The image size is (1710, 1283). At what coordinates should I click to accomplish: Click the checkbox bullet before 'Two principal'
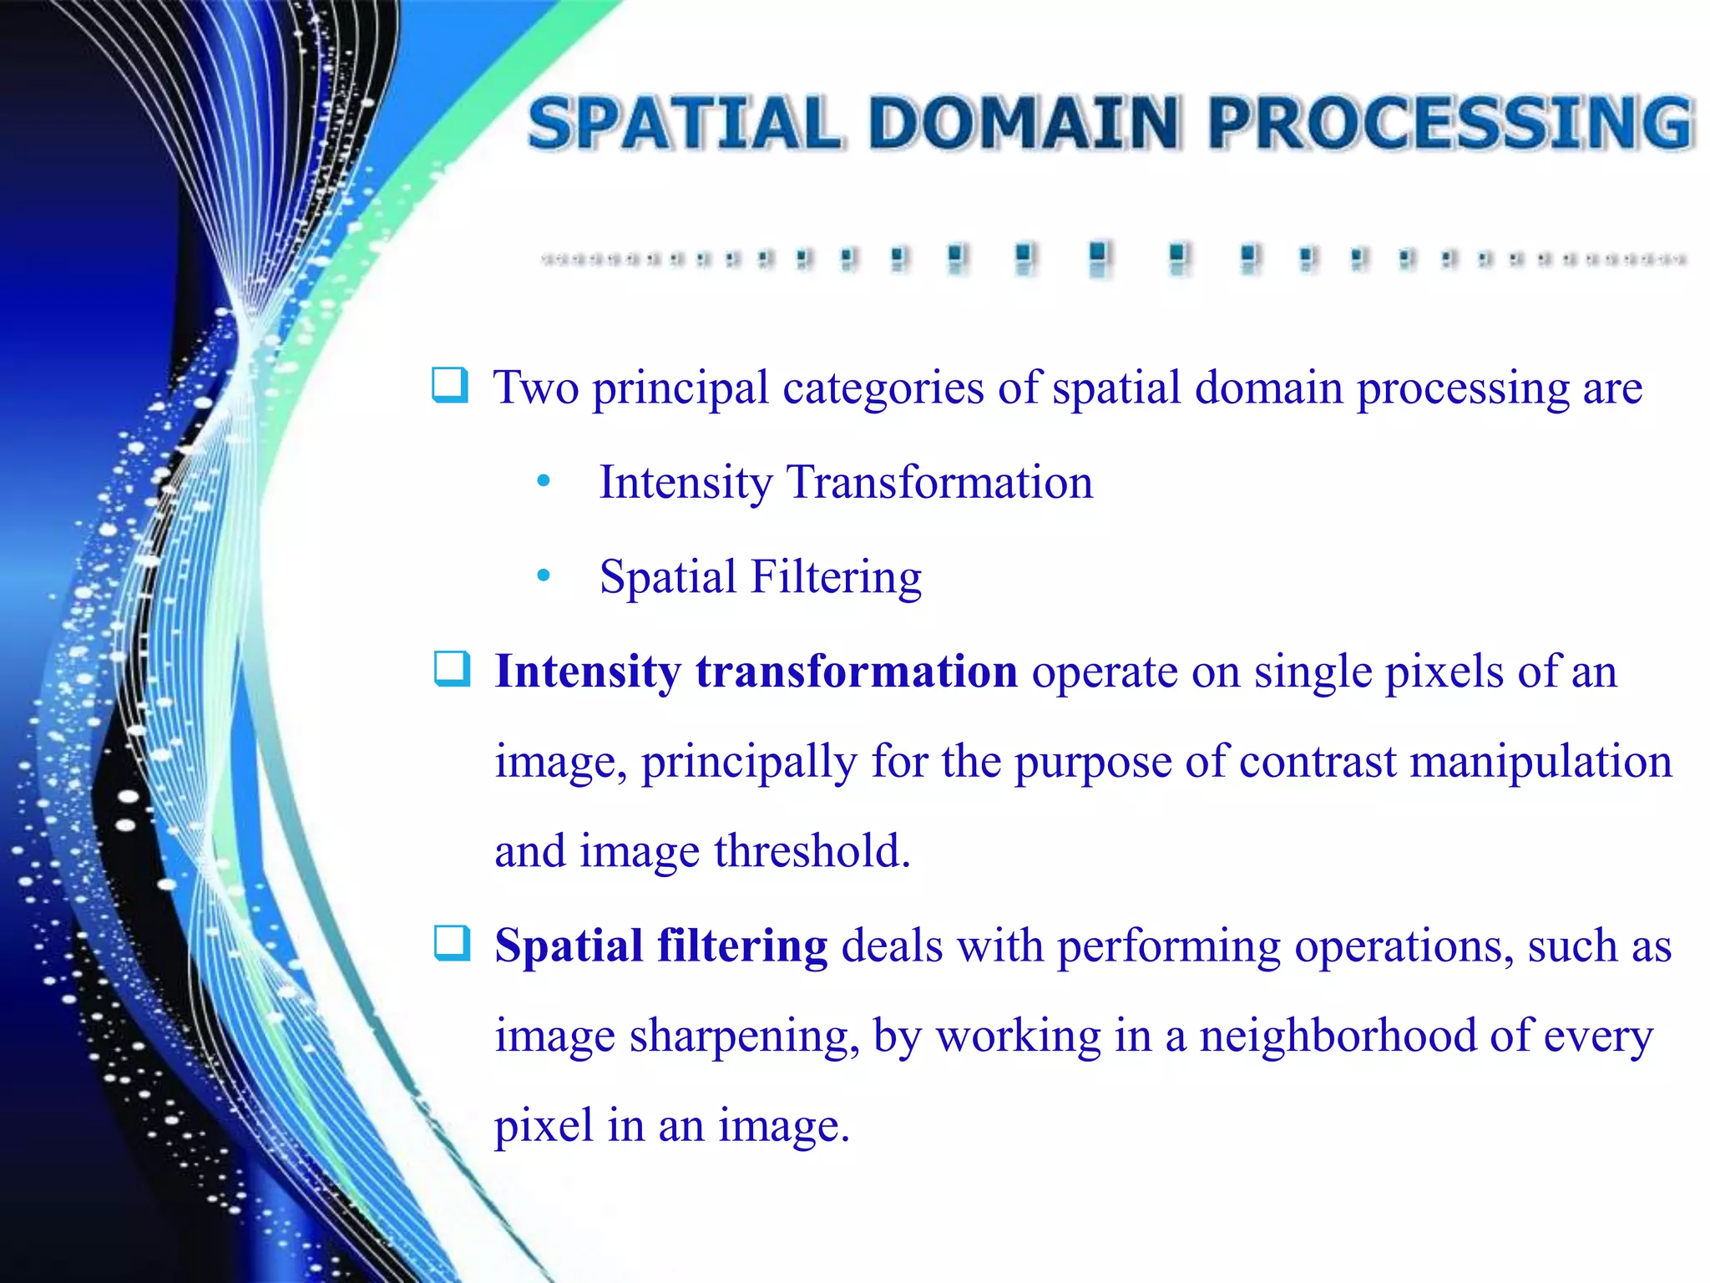coord(450,385)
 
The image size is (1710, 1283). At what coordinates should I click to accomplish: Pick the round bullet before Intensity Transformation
coord(544,481)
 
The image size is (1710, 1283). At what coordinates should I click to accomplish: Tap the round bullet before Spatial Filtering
coord(544,576)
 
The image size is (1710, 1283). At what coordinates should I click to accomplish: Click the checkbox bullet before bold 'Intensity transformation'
coord(452,669)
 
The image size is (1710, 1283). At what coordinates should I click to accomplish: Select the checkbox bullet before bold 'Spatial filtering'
coord(452,944)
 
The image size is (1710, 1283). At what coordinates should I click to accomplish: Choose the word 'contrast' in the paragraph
coord(1318,762)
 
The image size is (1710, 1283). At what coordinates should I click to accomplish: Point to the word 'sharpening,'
coord(744,1037)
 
